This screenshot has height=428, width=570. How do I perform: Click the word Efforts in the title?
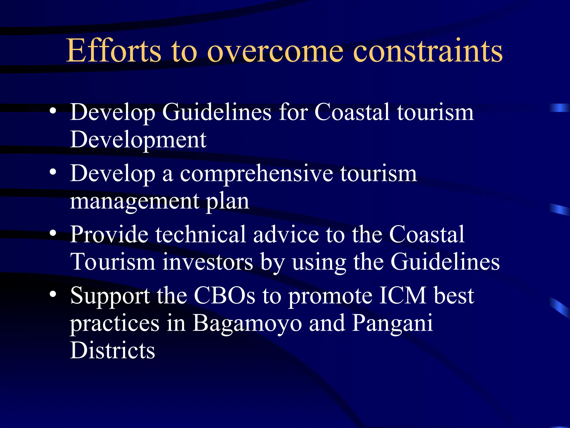tap(114, 51)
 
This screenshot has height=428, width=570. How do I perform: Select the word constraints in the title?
tap(427, 51)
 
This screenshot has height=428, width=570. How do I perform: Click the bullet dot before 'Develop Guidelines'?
tap(53, 111)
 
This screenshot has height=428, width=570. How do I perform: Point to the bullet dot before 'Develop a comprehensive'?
tap(53, 172)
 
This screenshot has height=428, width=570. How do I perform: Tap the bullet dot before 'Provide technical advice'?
tap(53, 234)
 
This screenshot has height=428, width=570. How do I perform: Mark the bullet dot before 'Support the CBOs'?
tap(53, 295)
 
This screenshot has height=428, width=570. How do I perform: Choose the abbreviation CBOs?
tap(224, 295)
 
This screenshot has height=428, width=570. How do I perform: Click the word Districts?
tap(112, 350)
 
